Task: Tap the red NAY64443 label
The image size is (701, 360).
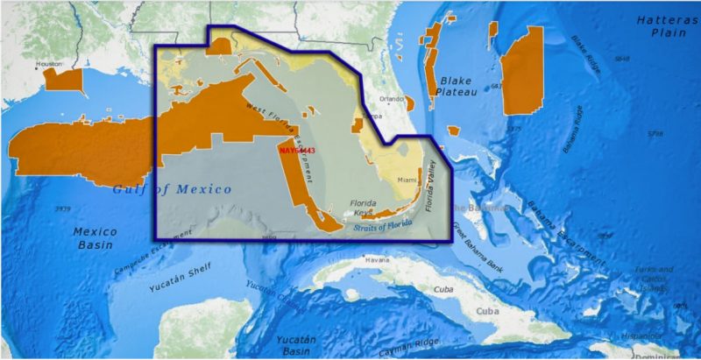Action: [296, 151]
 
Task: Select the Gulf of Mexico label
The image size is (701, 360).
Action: [173, 189]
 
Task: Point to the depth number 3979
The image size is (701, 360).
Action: [62, 209]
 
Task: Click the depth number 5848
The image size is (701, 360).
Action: [621, 59]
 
